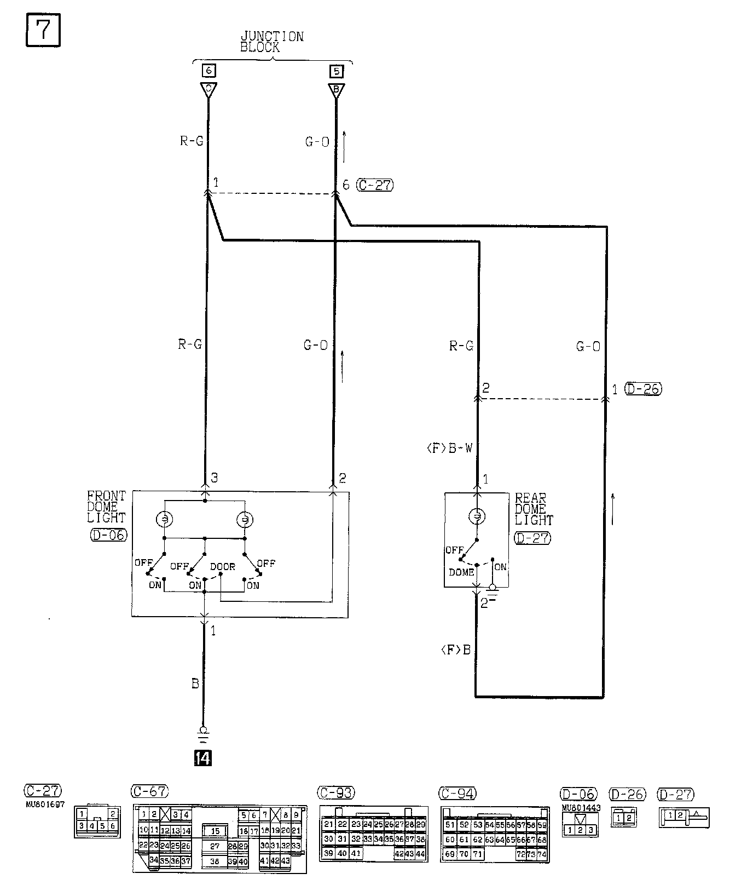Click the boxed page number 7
[43, 32]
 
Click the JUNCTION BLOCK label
[271, 42]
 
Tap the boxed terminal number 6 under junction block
[208, 71]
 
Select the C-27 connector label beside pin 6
[375, 185]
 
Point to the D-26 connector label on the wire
[642, 389]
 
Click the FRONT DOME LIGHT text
[107, 507]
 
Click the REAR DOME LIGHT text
[534, 509]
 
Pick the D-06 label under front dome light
[108, 535]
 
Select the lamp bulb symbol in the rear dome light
[477, 516]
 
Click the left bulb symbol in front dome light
[164, 519]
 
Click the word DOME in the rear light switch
[461, 572]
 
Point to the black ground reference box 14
[203, 758]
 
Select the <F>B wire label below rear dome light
[455, 650]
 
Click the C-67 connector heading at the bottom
[150, 791]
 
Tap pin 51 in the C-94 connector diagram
[450, 825]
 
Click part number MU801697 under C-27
[45, 804]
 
